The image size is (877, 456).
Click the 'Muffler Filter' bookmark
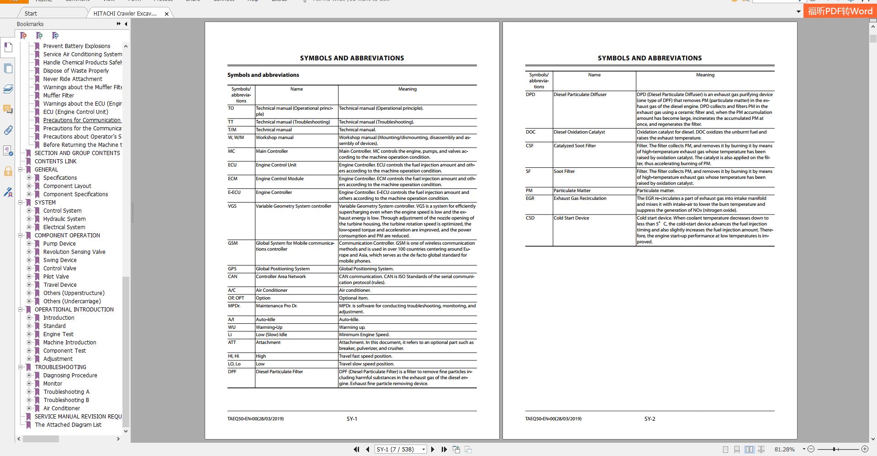[58, 95]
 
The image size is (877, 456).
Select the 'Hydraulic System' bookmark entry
[64, 219]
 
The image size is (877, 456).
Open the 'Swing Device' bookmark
[60, 260]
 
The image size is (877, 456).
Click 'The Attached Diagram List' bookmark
[68, 424]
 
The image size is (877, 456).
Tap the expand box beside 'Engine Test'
[29, 334]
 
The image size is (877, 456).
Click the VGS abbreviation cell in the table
[232, 206]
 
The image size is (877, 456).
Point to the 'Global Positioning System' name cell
[282, 268]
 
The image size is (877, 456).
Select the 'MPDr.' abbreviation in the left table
[234, 306]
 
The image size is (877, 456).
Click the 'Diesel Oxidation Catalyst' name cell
[579, 132]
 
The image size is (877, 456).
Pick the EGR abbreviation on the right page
[530, 198]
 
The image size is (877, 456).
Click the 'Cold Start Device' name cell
[571, 218]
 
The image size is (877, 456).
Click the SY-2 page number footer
[650, 418]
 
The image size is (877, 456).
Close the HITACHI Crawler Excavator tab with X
[167, 14]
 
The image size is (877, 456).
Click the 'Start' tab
[31, 13]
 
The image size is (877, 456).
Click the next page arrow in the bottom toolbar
[433, 449]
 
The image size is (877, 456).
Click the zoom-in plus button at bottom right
[865, 449]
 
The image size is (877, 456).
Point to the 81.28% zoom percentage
[784, 449]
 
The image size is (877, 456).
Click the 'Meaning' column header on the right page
[705, 75]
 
